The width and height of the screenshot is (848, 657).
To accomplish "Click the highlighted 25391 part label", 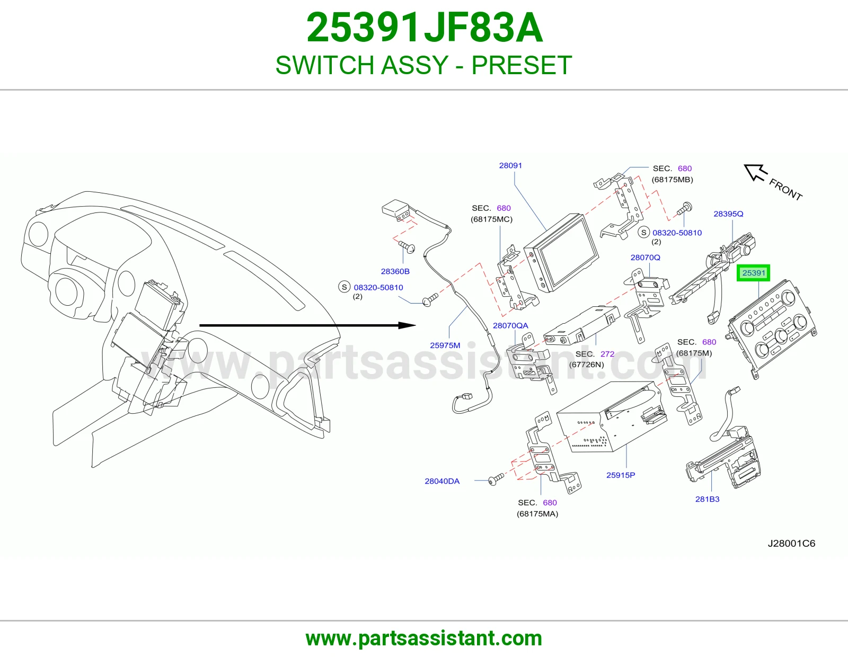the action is tap(753, 273).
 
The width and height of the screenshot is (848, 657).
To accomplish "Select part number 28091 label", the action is tap(510, 165).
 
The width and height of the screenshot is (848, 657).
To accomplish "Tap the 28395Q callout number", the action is tap(728, 214).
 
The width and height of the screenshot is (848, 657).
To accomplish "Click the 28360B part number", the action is tap(395, 271).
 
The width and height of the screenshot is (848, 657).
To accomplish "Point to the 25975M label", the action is tap(445, 345).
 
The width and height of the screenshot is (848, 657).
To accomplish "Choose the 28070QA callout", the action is tap(510, 325).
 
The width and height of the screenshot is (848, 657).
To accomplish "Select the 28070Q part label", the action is tap(646, 258).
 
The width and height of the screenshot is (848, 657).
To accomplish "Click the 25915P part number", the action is tap(621, 475).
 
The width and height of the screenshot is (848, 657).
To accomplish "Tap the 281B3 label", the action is tap(707, 499).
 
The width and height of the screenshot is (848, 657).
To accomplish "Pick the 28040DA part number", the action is tap(442, 481).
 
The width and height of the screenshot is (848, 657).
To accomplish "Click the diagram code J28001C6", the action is tap(791, 544).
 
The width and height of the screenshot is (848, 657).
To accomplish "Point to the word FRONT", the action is tap(785, 190).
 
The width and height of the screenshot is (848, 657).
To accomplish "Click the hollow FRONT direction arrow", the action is tap(756, 173).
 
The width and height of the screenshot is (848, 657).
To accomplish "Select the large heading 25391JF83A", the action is tap(424, 28).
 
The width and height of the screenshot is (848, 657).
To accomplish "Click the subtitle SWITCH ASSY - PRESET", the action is tap(424, 65).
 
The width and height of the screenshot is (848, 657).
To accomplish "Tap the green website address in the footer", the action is tap(424, 638).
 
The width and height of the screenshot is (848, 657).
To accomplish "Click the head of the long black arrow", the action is tap(407, 325).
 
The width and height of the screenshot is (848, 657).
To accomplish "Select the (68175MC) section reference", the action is tap(491, 219).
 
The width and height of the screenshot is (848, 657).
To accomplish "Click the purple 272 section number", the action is tap(607, 354).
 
